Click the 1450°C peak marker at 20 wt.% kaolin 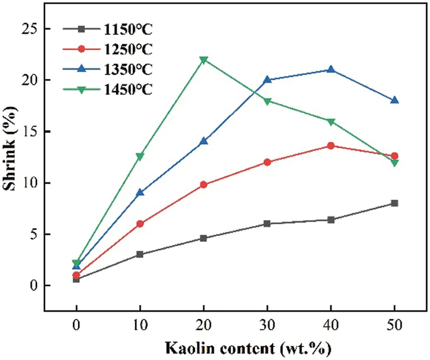tap(204, 60)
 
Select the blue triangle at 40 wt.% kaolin tap(331, 70)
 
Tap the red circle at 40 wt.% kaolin tap(331, 146)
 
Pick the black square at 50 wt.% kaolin tap(394, 203)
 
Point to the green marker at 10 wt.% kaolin tap(140, 156)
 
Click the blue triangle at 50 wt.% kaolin tap(394, 100)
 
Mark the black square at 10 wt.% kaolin tap(140, 254)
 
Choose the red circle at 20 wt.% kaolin tap(204, 185)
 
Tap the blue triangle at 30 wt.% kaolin tap(267, 80)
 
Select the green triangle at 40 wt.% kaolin tap(331, 121)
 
